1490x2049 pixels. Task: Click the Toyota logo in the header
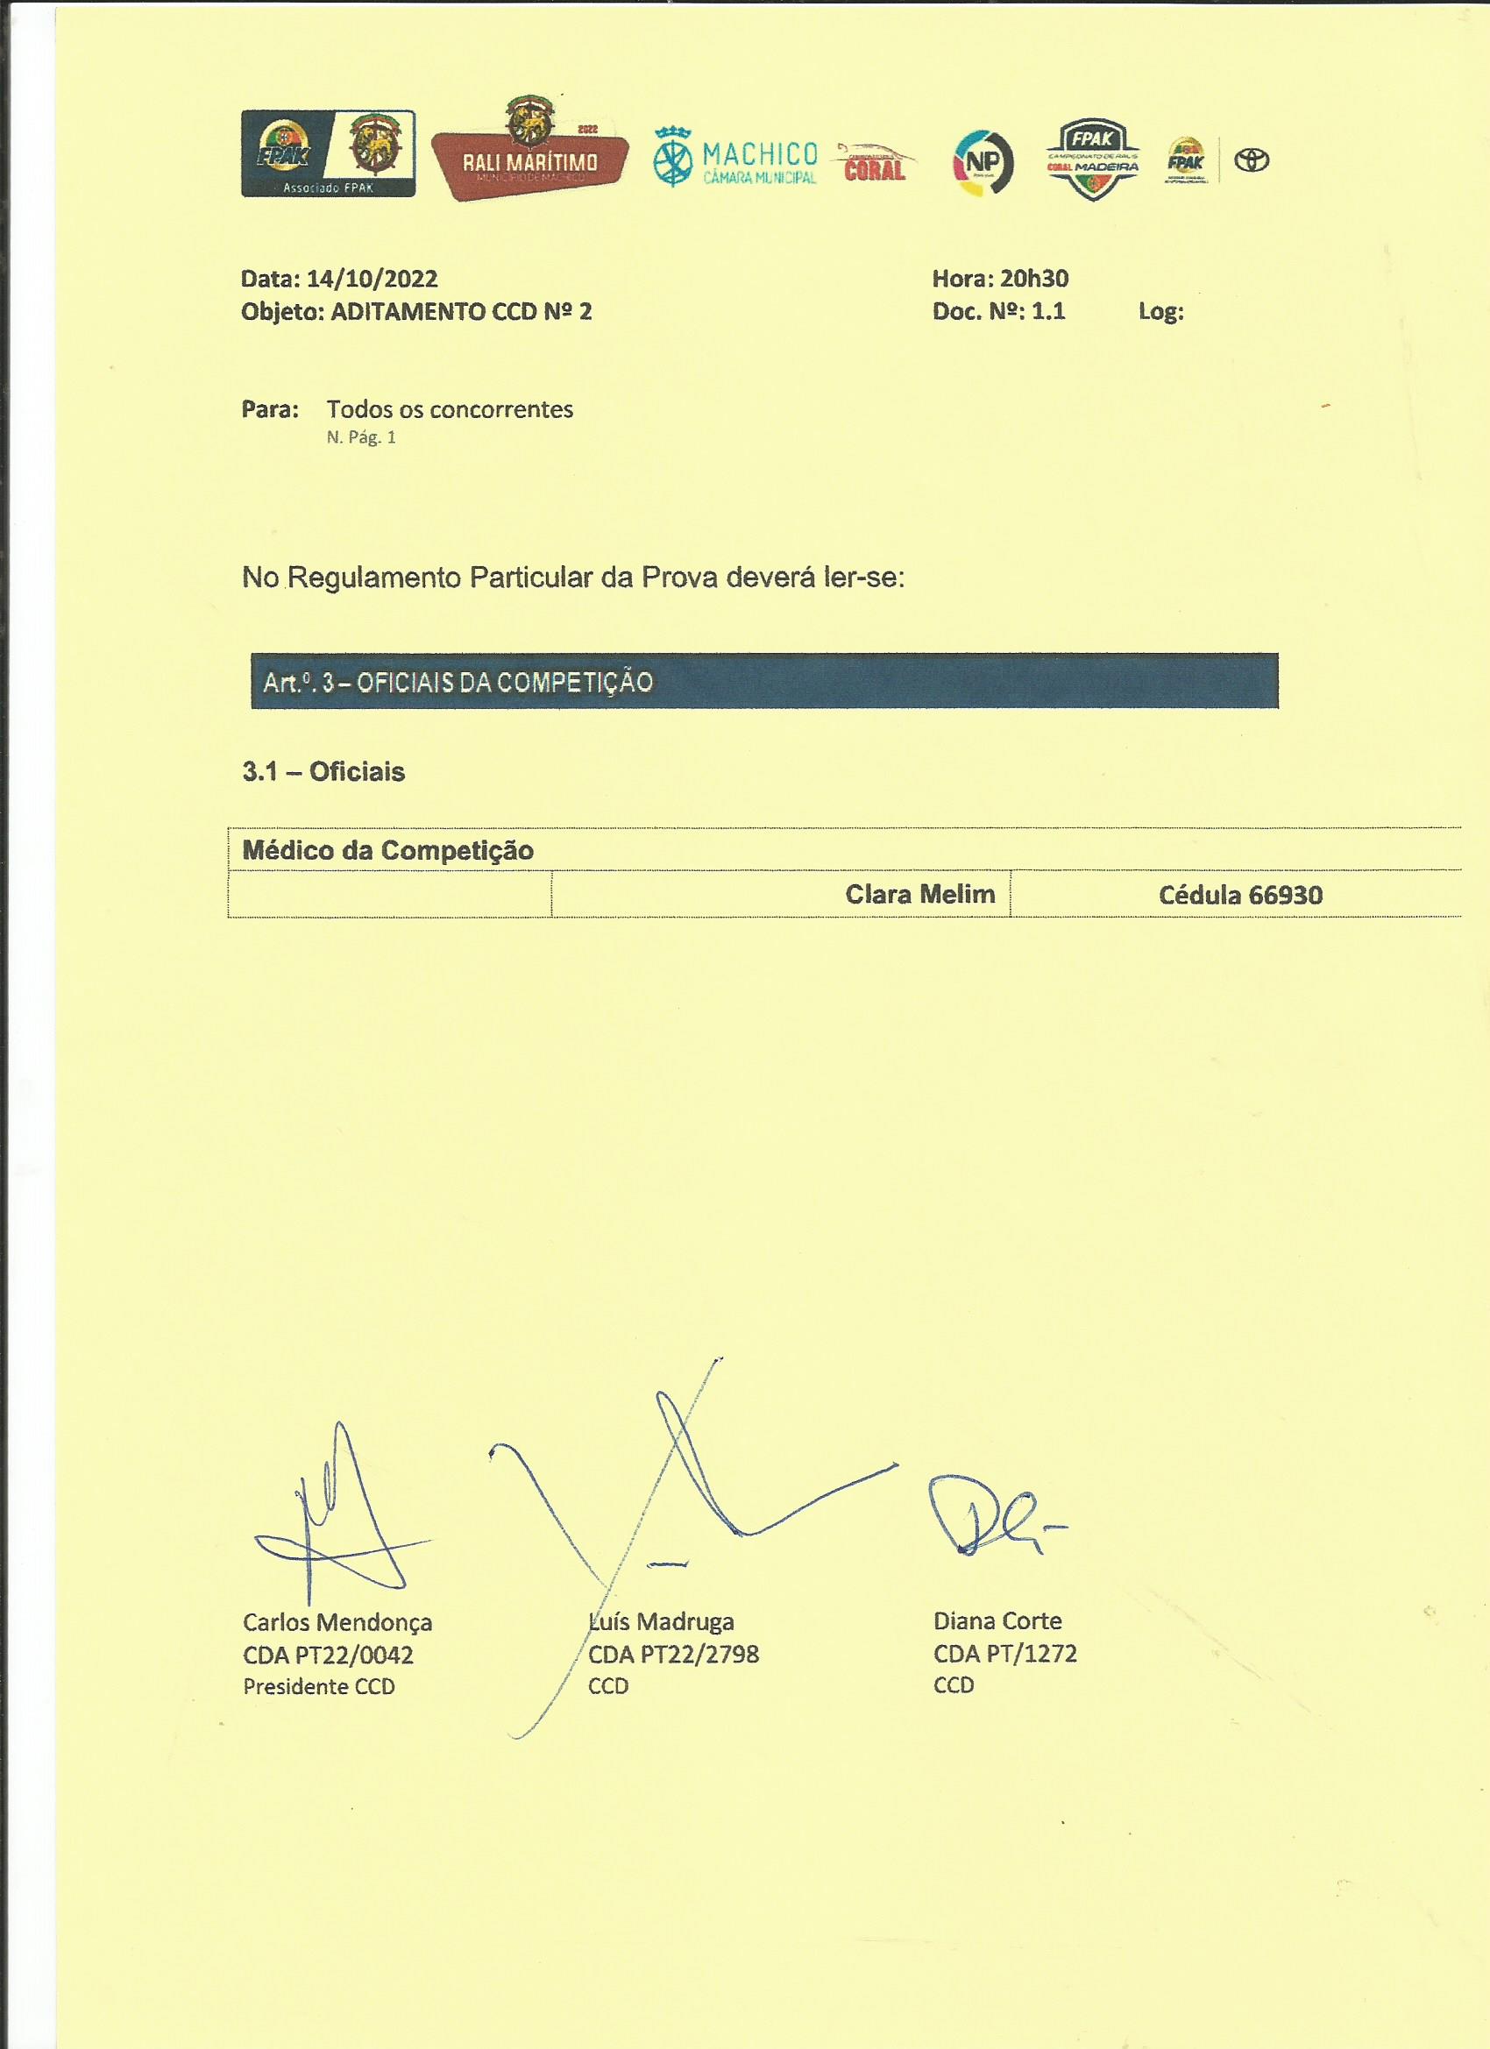pyautogui.click(x=1252, y=160)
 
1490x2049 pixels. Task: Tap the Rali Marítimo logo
pyautogui.click(x=529, y=151)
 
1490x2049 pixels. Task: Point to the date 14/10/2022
pyautogui.click(x=372, y=280)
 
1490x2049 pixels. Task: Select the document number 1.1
pyautogui.click(x=1048, y=312)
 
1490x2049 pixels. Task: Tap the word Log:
pyautogui.click(x=1161, y=313)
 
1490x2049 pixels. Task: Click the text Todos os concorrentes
pyautogui.click(x=450, y=409)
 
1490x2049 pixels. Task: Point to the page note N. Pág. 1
pyautogui.click(x=361, y=438)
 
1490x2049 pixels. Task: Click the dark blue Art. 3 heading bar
pyautogui.click(x=763, y=681)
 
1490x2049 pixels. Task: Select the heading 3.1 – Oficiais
pyautogui.click(x=323, y=771)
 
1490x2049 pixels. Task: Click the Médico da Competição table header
pyautogui.click(x=388, y=850)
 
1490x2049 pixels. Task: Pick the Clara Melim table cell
pyautogui.click(x=919, y=895)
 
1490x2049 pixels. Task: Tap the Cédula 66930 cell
pyautogui.click(x=1239, y=896)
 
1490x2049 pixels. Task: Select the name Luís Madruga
pyautogui.click(x=662, y=1621)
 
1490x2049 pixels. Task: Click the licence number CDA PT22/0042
pyautogui.click(x=328, y=1656)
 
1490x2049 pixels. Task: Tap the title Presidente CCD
pyautogui.click(x=319, y=1687)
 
